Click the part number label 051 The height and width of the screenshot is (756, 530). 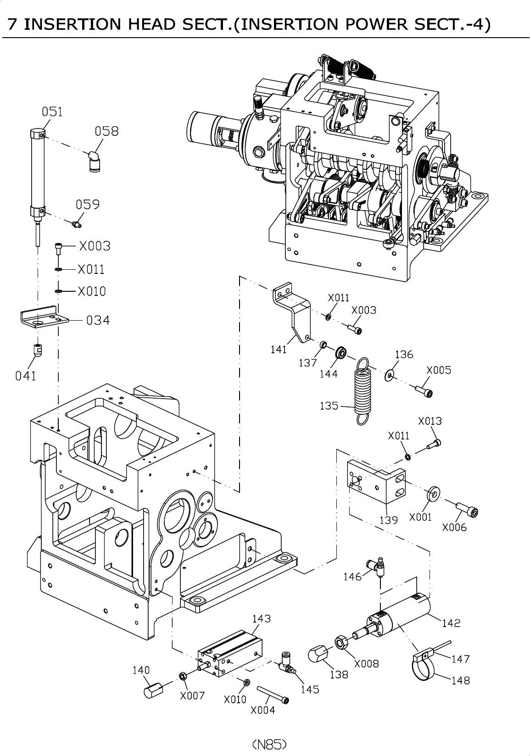pyautogui.click(x=52, y=112)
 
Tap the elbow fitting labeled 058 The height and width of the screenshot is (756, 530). pyautogui.click(x=94, y=161)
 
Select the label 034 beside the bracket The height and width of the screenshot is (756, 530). pyautogui.click(x=98, y=320)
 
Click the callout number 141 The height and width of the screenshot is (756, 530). pyautogui.click(x=279, y=349)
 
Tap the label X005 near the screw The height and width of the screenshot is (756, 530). pyautogui.click(x=439, y=370)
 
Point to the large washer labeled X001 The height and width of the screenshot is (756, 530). pyautogui.click(x=433, y=494)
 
